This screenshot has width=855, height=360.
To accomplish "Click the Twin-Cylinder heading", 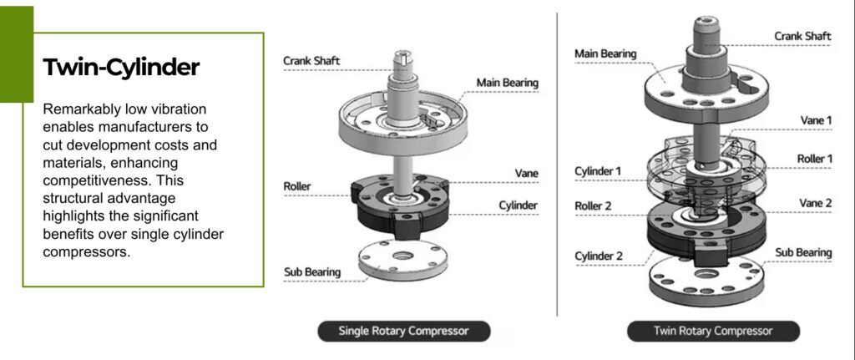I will point(121,68).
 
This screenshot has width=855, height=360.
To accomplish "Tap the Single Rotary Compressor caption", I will point(403,331).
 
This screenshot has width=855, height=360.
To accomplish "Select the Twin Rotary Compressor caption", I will point(713,331).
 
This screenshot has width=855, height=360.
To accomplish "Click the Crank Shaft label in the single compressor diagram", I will point(312,60).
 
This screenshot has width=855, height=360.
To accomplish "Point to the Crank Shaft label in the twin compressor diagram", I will point(802,36).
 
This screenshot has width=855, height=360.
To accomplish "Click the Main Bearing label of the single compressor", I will point(507,83).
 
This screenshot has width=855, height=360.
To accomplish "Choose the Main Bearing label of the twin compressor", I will point(605,54).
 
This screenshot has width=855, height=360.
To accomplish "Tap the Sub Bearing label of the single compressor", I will point(311,271).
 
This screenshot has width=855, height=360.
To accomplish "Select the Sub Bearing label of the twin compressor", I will point(803,251).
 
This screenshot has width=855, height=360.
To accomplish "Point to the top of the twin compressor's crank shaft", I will point(707,23).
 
